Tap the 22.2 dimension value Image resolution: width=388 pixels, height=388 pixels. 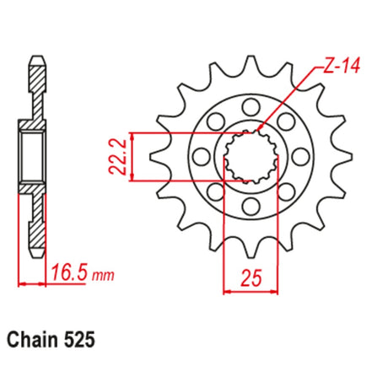pos(117,157)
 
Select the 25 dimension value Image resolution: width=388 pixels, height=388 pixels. pos(251,278)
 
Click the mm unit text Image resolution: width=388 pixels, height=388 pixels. pos(103,276)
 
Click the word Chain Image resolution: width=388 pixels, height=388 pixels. pos(32,340)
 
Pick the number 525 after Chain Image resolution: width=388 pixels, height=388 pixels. pos(78,340)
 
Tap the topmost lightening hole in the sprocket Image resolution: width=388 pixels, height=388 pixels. pos(251,107)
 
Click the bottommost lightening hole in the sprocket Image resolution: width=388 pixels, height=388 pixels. pos(251,207)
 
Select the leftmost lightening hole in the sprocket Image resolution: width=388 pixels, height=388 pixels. pos(202,157)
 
